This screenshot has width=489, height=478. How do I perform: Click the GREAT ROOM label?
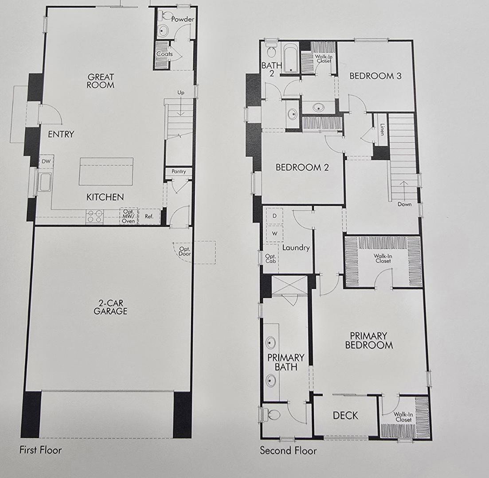tap(100, 81)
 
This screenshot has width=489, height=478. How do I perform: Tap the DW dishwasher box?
tap(46, 162)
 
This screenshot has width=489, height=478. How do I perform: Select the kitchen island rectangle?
tap(106, 171)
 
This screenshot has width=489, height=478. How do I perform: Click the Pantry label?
tap(178, 171)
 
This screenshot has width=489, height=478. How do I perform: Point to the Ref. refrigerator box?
tap(149, 216)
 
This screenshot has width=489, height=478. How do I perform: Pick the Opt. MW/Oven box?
tap(129, 216)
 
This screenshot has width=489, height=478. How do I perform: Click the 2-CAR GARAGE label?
tap(110, 307)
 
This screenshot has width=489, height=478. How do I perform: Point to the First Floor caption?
tap(40, 450)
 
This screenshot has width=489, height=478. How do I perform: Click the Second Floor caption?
tap(288, 451)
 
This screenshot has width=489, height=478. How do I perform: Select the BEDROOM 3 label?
tap(375, 76)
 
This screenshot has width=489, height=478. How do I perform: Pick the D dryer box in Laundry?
tap(274, 216)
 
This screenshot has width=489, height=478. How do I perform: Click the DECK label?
tap(345, 416)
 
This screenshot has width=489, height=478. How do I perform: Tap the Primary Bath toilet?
tap(272, 415)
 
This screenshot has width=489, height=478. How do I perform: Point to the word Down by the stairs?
tap(404, 204)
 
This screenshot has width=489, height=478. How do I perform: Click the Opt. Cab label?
tap(270, 259)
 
